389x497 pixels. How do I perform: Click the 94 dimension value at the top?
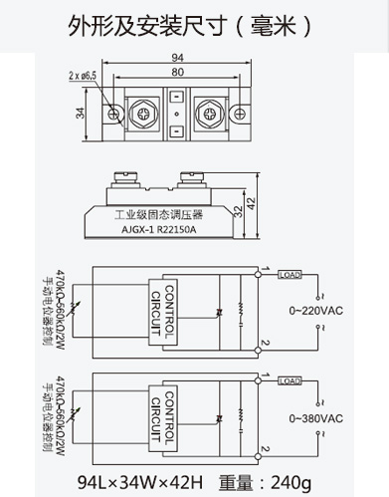[x=177, y=58]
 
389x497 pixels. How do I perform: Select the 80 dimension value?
[x=177, y=72]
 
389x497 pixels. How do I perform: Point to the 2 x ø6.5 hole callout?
[x=83, y=76]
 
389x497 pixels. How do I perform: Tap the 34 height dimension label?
[x=81, y=114]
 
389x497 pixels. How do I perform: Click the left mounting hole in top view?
[x=113, y=114]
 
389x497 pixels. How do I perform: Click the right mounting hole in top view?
[x=240, y=114]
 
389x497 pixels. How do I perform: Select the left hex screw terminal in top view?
[x=143, y=114]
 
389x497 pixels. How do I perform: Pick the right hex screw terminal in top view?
[x=210, y=114]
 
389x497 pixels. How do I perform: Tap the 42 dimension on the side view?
[x=251, y=203]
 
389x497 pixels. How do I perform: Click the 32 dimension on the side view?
[x=238, y=211]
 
